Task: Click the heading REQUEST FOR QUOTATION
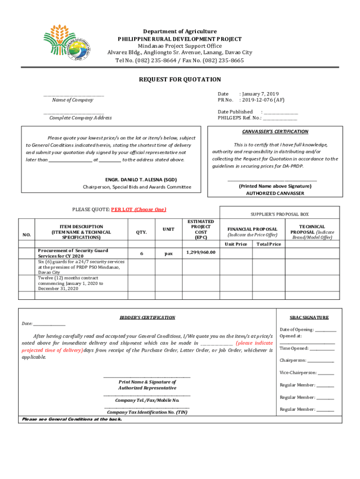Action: tap(180, 80)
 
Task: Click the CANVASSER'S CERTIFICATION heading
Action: tap(275, 131)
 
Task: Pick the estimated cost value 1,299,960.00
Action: tap(201, 253)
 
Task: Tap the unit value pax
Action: tap(168, 254)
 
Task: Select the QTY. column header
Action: tap(141, 232)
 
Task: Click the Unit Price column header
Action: tap(236, 244)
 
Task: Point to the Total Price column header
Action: tap(268, 244)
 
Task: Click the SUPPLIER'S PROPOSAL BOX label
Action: tap(280, 214)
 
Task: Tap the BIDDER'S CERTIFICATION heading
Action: tap(147, 318)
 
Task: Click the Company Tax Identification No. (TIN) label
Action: tap(147, 413)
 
